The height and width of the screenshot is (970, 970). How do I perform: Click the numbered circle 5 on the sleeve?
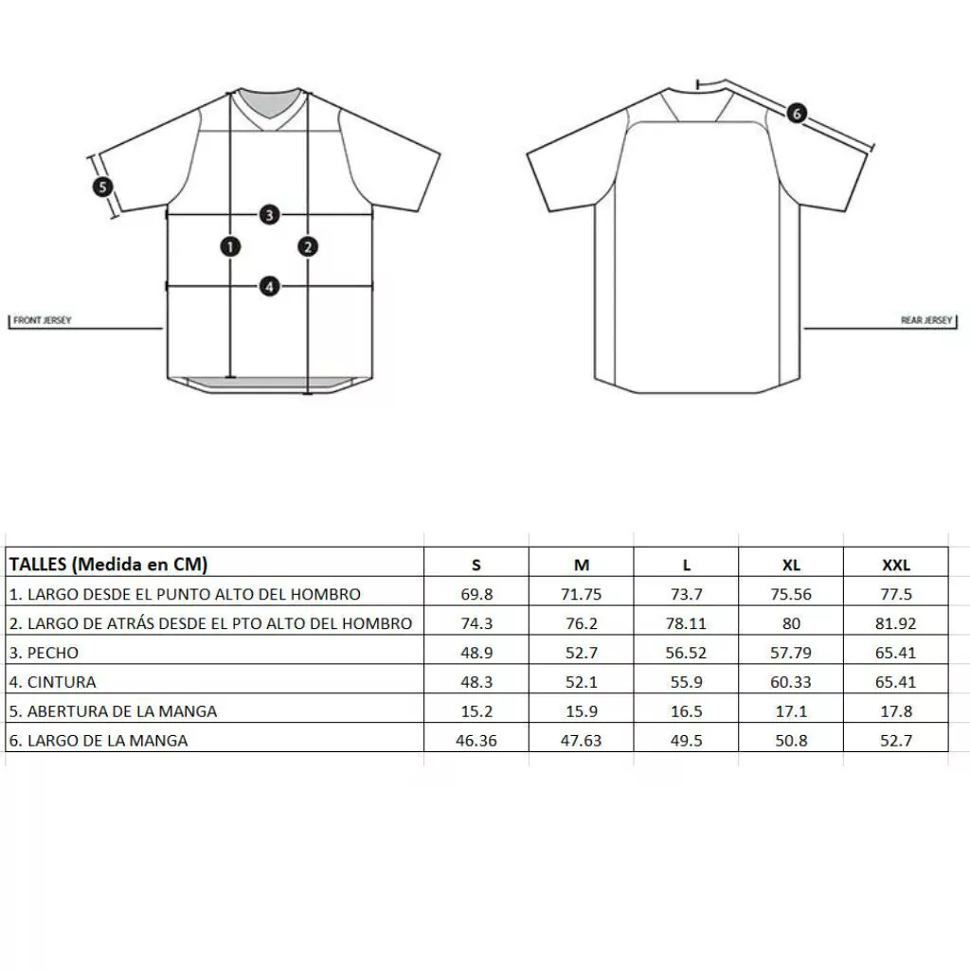[x=102, y=187]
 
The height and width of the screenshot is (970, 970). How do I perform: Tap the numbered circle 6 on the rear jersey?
[x=797, y=114]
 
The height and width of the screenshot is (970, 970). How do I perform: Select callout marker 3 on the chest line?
[x=269, y=215]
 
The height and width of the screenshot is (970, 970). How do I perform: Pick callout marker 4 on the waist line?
[x=269, y=287]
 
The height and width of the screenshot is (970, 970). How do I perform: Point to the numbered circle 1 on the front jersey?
[x=230, y=247]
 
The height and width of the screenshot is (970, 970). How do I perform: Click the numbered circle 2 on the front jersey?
[x=308, y=247]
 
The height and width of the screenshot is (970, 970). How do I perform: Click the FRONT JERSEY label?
[x=42, y=320]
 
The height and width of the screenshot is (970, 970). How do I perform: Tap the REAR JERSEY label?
[x=926, y=320]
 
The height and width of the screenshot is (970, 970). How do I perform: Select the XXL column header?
[x=896, y=565]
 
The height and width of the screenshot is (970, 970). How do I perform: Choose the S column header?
[x=476, y=565]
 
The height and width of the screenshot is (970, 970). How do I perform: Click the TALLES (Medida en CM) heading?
[x=108, y=565]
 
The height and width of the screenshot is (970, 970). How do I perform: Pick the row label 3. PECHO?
[x=44, y=653]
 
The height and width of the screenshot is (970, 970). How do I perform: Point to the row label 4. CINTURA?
[x=53, y=682]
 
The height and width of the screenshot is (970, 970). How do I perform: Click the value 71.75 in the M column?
[x=582, y=595]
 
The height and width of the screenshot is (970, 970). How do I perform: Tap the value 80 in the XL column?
[x=791, y=623]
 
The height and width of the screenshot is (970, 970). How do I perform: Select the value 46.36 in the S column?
[x=476, y=741]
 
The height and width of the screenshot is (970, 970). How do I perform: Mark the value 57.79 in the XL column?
[x=791, y=653]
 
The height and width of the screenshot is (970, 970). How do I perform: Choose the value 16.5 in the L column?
[x=687, y=711]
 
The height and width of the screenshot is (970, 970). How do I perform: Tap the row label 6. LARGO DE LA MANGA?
[x=99, y=741]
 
